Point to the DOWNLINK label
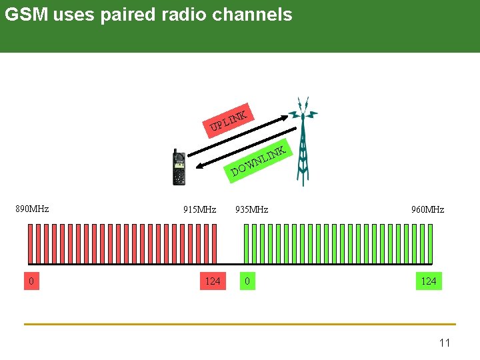[x=259, y=162]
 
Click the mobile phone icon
[x=179, y=167]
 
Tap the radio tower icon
[x=303, y=143]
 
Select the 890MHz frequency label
[x=32, y=209]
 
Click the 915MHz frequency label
[x=199, y=209]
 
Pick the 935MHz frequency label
[x=251, y=209]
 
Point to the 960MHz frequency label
[x=427, y=209]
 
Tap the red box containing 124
[x=212, y=281]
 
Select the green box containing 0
[x=247, y=281]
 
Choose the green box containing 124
[x=429, y=281]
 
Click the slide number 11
[x=445, y=343]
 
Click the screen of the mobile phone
[x=179, y=160]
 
